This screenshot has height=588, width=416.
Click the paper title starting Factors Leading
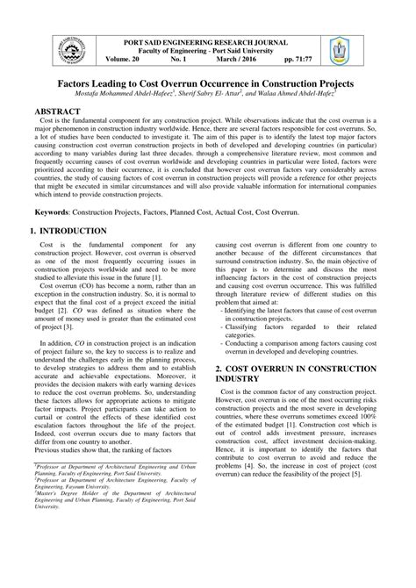pos(207,81)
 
